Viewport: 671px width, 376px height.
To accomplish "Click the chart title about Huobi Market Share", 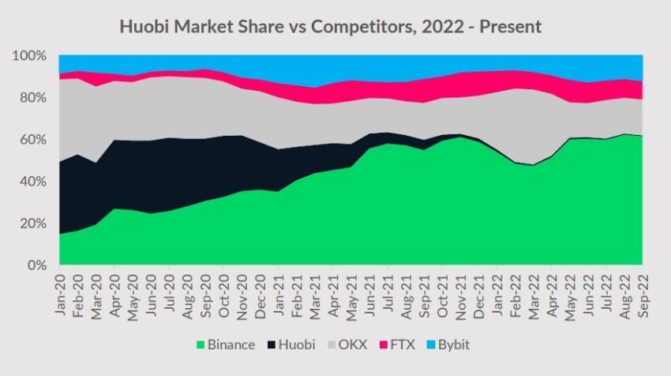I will pos(330,26).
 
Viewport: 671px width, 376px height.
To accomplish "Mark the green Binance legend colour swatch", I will pos(201,344).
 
